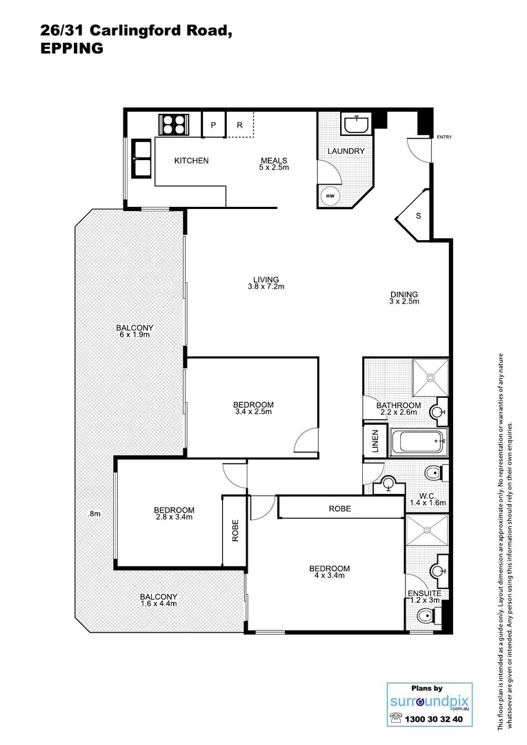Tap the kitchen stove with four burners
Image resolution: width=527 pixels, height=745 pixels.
pyautogui.click(x=174, y=125)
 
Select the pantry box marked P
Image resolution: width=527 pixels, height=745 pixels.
pyautogui.click(x=213, y=125)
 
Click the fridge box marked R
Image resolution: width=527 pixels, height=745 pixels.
pyautogui.click(x=239, y=125)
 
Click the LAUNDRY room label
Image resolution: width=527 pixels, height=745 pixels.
pyautogui.click(x=346, y=151)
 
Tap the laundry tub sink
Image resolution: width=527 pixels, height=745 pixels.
pyautogui.click(x=357, y=125)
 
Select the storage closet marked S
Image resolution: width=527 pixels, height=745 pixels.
pyautogui.click(x=417, y=216)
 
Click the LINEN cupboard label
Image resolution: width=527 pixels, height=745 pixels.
pyautogui.click(x=374, y=441)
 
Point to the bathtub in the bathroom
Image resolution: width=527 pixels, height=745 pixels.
pyautogui.click(x=418, y=441)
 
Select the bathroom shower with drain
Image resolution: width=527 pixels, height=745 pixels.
pyautogui.click(x=430, y=377)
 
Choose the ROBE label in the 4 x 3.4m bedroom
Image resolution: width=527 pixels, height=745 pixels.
pyautogui.click(x=339, y=509)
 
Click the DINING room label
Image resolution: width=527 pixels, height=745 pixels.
pyautogui.click(x=403, y=295)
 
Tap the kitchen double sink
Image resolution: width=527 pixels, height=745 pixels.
pyautogui.click(x=141, y=159)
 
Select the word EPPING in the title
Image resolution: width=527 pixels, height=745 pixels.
pyautogui.click(x=72, y=48)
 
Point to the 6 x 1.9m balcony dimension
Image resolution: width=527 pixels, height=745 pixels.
pyautogui.click(x=135, y=335)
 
